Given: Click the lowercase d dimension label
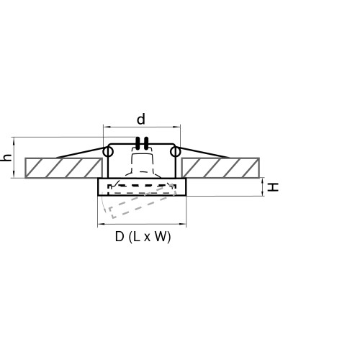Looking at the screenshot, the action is point(141,120).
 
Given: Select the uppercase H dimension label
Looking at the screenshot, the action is point(273,187).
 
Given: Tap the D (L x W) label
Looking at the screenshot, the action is point(143,237).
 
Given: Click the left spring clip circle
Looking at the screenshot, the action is point(108,152).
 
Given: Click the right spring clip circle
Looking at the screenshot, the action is point(175,152).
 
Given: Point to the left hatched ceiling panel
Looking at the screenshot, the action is point(63,168).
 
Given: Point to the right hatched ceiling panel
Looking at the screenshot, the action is point(220,168).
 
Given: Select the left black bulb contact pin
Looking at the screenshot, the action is point(138,143).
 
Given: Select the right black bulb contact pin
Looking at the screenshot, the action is point(146,143).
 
